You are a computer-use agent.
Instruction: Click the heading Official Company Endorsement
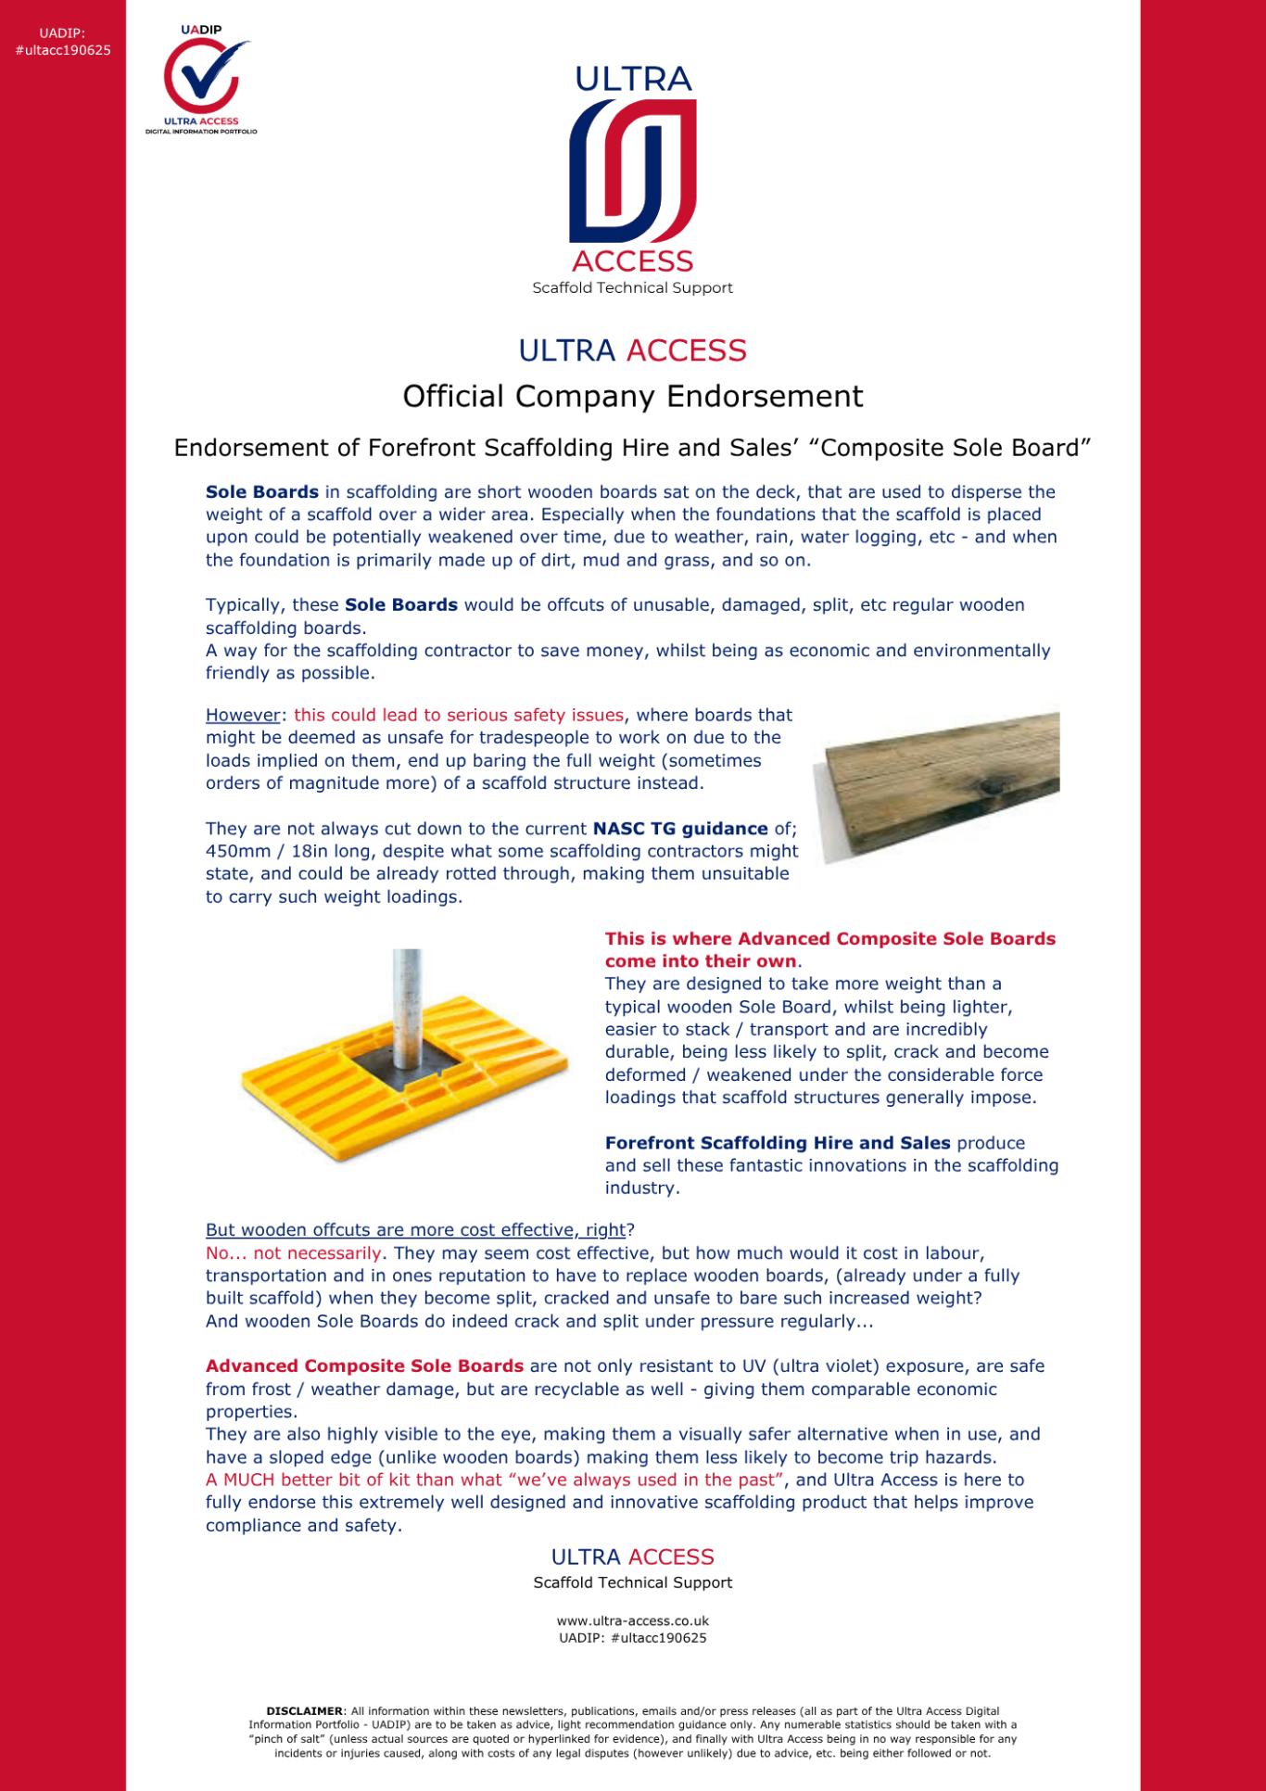click(x=633, y=397)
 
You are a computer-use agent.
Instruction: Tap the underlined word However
click(x=243, y=716)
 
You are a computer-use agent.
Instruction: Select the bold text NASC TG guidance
click(x=680, y=829)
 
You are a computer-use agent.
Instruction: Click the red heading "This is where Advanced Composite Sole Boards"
click(x=829, y=940)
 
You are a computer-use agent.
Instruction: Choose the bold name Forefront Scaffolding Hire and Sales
click(x=778, y=1144)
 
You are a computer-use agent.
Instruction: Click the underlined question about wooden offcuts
click(x=415, y=1230)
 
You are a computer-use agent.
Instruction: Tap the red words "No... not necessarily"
click(x=294, y=1253)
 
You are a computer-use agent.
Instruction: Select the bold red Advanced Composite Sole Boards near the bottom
click(x=364, y=1366)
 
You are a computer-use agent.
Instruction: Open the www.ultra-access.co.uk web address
click(x=633, y=1621)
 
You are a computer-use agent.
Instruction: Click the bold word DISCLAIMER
click(x=304, y=1711)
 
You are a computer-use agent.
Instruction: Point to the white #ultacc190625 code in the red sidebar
click(x=63, y=51)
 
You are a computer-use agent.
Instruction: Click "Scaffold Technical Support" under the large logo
click(x=633, y=288)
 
